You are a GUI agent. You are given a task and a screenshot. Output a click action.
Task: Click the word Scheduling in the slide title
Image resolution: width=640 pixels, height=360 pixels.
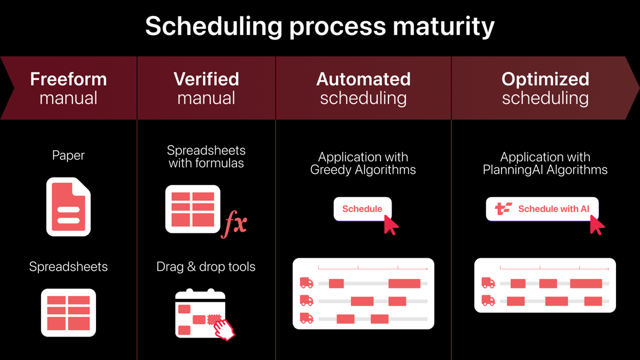214,26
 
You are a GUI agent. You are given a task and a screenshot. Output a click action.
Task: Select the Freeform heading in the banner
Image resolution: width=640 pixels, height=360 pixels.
68,79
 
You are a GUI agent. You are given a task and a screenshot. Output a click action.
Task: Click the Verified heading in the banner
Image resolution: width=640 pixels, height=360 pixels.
206,79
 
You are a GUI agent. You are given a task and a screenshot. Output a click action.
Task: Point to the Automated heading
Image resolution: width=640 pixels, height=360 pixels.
363,79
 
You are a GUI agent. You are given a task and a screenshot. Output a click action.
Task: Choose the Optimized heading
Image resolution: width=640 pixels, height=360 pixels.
545,79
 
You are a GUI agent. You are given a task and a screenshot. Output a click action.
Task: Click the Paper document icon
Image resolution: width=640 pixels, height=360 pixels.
69,207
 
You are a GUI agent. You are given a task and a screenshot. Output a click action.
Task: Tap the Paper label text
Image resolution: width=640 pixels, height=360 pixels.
68,155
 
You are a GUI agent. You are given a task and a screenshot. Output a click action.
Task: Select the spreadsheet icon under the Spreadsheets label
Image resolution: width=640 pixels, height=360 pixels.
69,313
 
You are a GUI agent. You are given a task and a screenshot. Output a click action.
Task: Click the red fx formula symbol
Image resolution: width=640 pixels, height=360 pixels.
235,223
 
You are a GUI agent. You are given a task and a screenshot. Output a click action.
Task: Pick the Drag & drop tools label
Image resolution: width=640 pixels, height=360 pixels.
206,267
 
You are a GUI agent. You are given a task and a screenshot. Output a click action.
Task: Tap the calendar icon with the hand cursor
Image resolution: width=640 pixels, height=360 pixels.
203,315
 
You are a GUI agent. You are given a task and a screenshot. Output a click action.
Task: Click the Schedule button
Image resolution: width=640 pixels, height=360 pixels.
362,209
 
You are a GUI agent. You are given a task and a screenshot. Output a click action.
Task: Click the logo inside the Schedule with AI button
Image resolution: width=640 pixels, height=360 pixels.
503,209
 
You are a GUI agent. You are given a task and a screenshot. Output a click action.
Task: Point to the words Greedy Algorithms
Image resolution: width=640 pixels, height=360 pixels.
363,170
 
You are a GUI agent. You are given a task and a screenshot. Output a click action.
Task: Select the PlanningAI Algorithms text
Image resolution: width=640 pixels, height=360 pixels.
545,170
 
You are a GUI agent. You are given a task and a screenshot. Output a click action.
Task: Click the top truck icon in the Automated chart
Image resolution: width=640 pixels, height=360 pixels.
307,283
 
